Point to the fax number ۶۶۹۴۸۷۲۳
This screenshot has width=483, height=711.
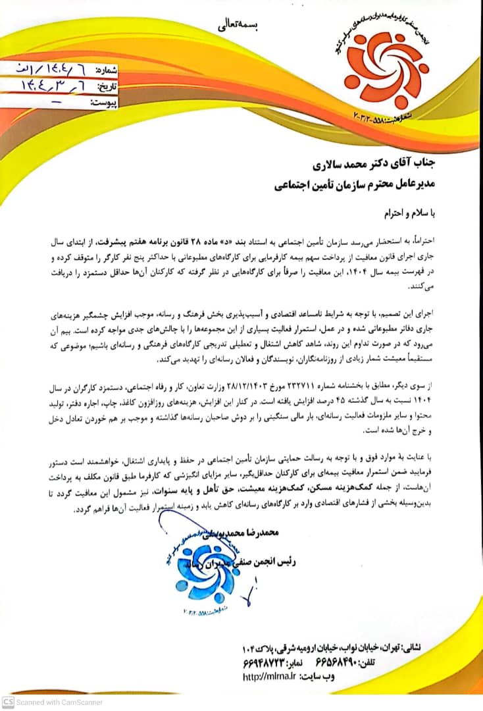pos(270,662)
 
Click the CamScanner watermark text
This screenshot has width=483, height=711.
pos(59,702)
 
